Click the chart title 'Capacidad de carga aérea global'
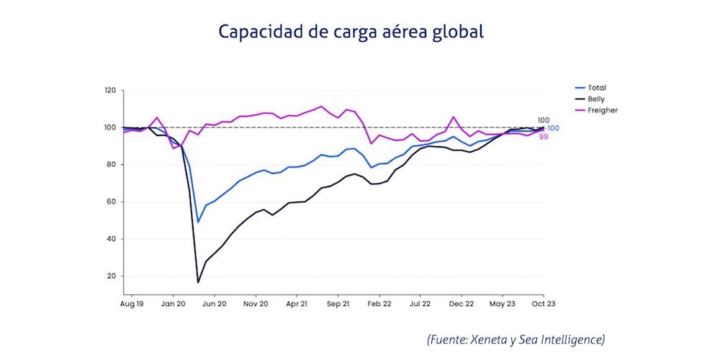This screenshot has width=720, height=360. pos(351,32)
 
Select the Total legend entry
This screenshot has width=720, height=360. pos(597,88)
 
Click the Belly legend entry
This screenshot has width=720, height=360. pos(597,99)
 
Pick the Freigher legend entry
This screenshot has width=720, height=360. pos(603,110)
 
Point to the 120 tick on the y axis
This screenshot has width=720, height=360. pos(109,91)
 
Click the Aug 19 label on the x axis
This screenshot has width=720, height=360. pos(132,305)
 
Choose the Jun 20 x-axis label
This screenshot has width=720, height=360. pos(215,305)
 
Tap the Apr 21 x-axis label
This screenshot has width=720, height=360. pos(297,305)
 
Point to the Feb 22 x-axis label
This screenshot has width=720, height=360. pos(380,305)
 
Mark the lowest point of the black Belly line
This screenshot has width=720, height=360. pos(198,282)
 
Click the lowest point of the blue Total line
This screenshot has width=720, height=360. pos(198,222)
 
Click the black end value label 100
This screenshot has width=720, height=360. pos(544,120)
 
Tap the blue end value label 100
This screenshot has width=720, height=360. pos(553,128)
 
